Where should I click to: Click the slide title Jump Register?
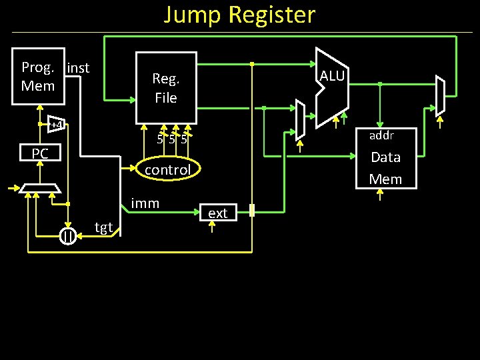[240, 15]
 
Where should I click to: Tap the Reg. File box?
[166, 87]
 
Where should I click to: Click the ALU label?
[332, 76]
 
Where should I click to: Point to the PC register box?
[40, 154]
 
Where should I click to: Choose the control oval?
[167, 170]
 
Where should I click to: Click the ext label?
[217, 213]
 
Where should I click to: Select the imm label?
[145, 203]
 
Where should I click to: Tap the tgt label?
[103, 227]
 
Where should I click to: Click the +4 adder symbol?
[56, 125]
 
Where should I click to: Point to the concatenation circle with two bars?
[67, 236]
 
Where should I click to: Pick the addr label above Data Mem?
[382, 135]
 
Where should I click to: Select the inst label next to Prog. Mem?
[78, 67]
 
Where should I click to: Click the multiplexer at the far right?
[439, 97]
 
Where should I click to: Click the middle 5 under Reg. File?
[172, 139]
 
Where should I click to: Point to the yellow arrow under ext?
[213, 227]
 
